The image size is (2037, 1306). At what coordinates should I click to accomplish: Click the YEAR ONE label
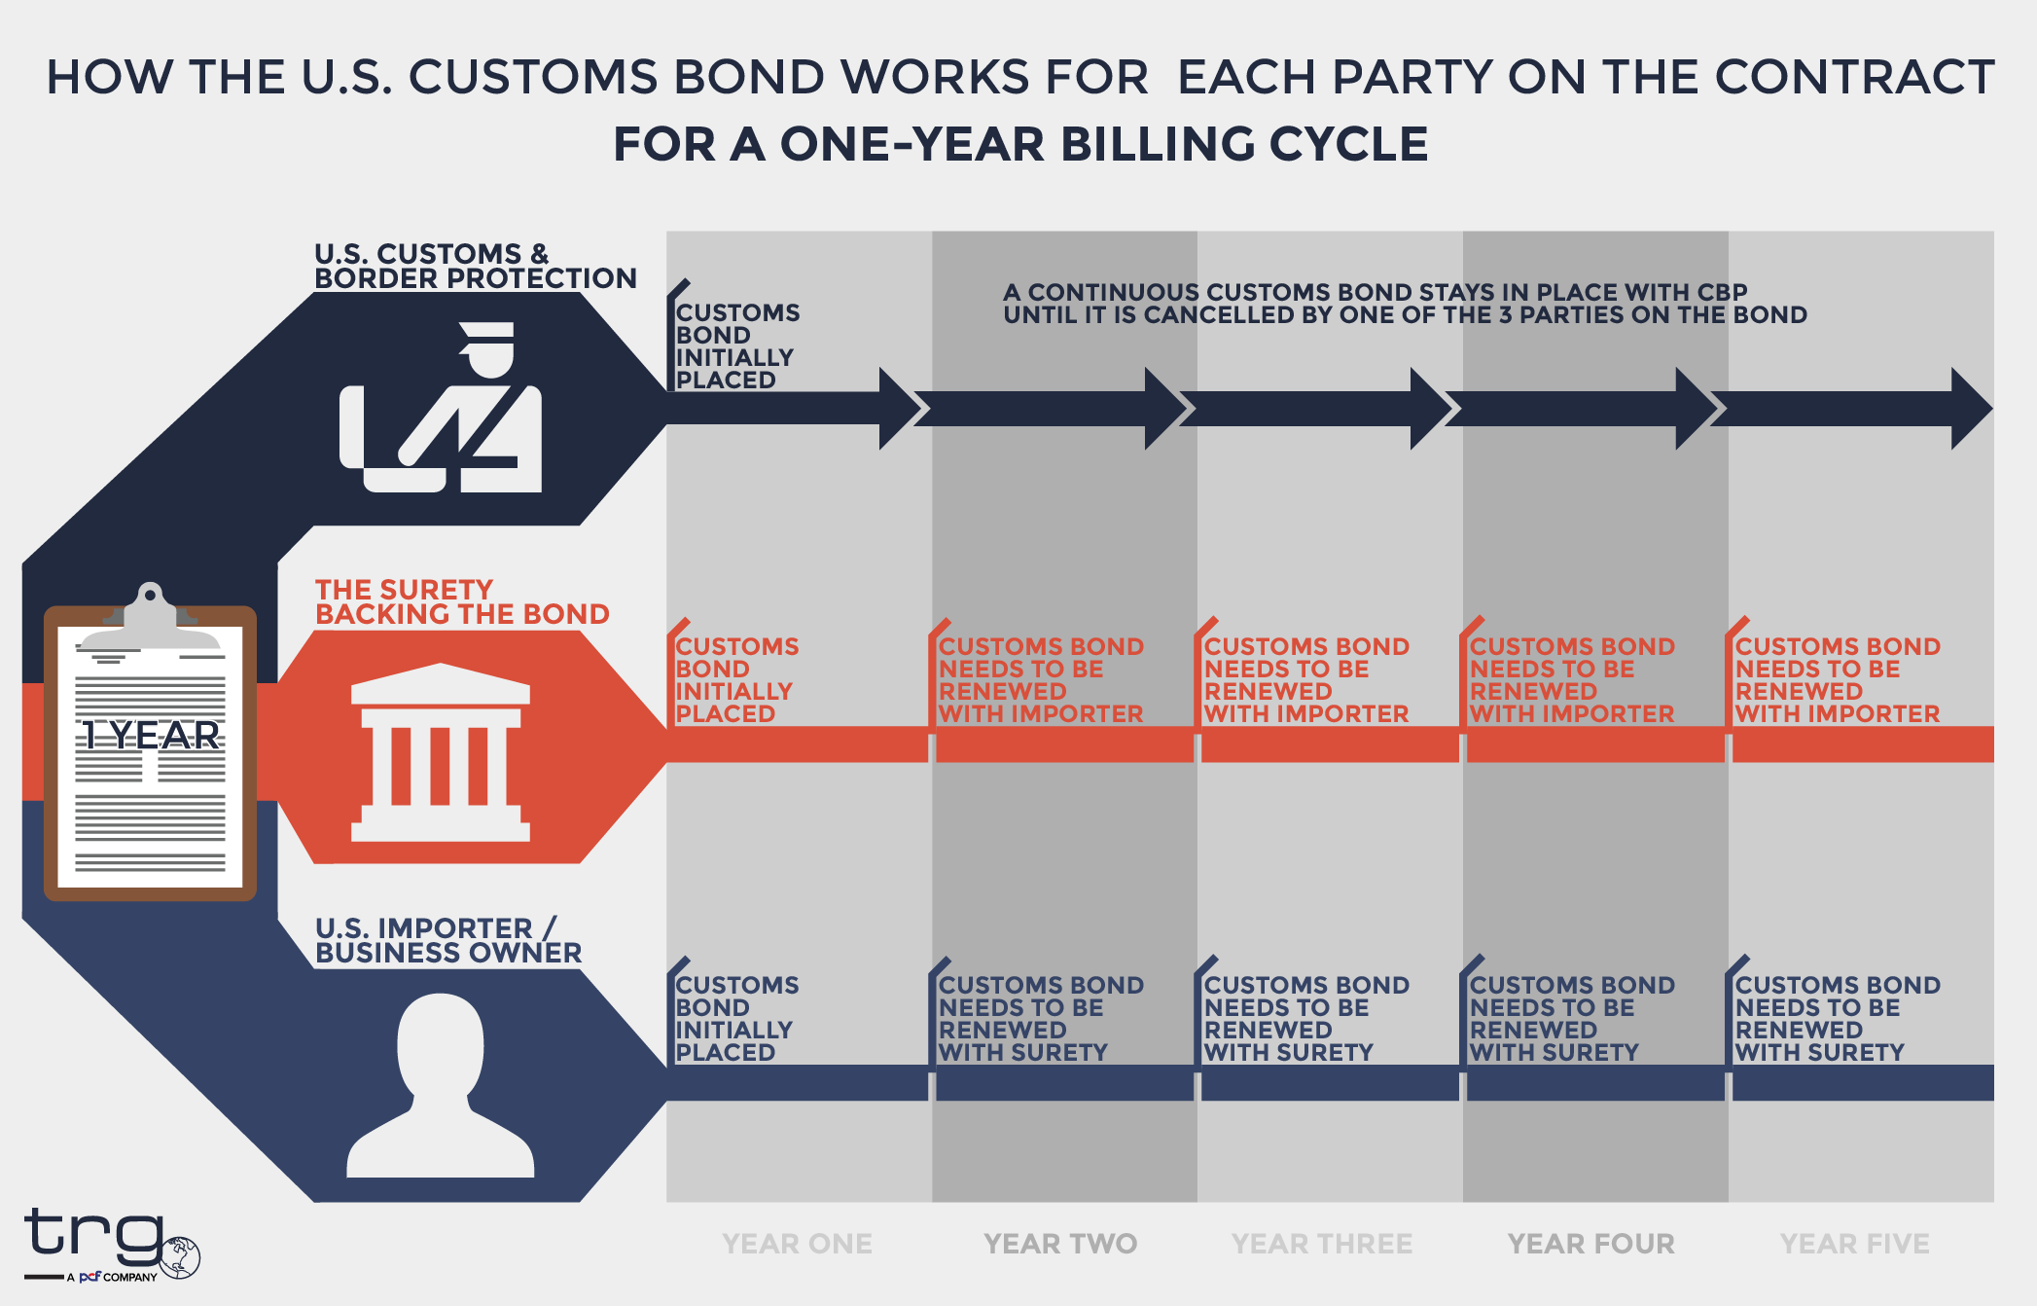click(x=797, y=1244)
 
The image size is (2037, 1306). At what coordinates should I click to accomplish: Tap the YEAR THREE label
click(x=1322, y=1244)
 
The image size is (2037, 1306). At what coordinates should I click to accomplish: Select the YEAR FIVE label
click(x=1854, y=1244)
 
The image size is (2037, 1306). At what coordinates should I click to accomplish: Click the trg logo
click(x=107, y=1242)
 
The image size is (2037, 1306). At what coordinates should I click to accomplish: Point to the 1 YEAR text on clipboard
click(x=150, y=736)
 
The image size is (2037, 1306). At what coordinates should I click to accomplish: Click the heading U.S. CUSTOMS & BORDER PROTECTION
click(x=475, y=266)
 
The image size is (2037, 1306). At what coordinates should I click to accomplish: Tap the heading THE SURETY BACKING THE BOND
click(x=461, y=601)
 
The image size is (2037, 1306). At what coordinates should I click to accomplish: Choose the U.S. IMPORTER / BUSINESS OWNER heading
click(x=447, y=940)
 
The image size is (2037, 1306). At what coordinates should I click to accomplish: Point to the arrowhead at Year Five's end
click(x=1971, y=409)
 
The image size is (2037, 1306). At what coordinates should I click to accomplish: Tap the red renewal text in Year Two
click(x=1040, y=680)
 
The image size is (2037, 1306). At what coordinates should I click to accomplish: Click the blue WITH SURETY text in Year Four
click(x=1554, y=1052)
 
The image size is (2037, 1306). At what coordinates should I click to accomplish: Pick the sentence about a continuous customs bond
click(x=1404, y=304)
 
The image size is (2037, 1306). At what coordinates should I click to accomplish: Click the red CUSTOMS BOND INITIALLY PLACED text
click(x=736, y=680)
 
